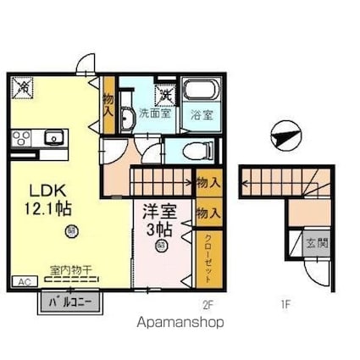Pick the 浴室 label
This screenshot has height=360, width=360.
pyautogui.click(x=202, y=114)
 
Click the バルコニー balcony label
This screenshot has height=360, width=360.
pyautogui.click(x=69, y=301)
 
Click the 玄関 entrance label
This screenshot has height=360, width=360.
pyautogui.click(x=313, y=242)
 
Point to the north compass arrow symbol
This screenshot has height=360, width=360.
pyautogui.click(x=285, y=134)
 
